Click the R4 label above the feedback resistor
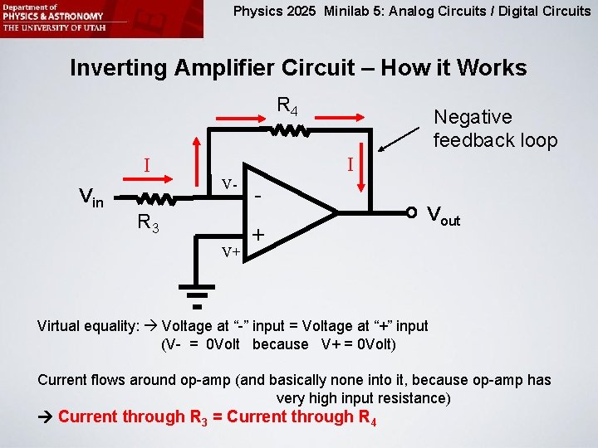point(288,106)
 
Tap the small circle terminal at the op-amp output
point(410,212)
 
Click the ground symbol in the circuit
point(197,295)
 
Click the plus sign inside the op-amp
point(258,236)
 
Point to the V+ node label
point(230,251)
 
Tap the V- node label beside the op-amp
point(230,183)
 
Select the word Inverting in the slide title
point(119,67)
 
